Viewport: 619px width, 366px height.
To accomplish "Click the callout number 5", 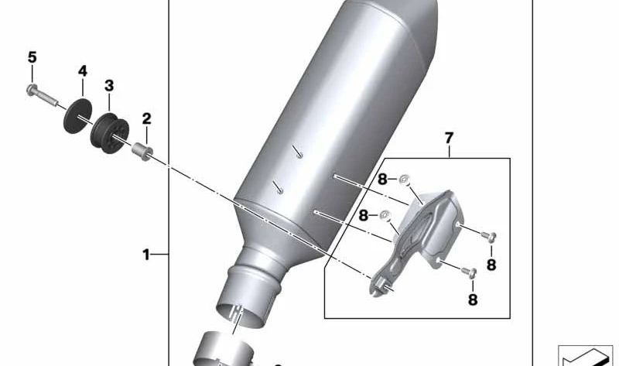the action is coord(32,57).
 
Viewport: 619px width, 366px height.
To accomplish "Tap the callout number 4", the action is coord(83,71).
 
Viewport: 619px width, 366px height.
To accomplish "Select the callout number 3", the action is coord(109,86).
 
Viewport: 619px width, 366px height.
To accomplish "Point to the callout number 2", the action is coord(146,118).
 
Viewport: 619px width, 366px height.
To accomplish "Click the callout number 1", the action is coord(146,255).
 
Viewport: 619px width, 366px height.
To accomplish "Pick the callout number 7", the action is coord(450,139).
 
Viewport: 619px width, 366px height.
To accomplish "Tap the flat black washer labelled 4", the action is coord(78,116).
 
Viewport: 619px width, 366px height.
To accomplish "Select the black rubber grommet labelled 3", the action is coord(110,133).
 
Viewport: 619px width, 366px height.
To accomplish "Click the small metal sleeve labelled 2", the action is coord(142,152).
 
